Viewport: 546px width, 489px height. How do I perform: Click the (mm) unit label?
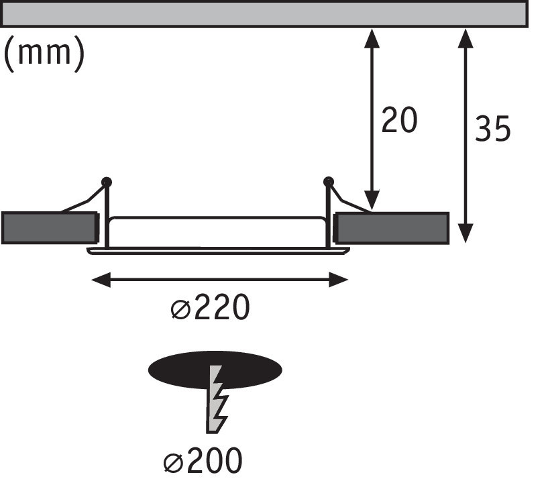pos(44,54)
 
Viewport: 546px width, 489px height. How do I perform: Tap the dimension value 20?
pos(399,121)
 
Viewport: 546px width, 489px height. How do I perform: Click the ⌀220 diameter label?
pos(210,309)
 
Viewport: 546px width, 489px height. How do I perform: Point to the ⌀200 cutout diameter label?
pos(202,461)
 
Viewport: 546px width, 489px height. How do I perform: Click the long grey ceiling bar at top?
pos(264,13)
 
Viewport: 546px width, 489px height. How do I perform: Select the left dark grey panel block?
pos(48,227)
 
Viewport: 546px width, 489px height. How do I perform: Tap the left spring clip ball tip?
pos(106,182)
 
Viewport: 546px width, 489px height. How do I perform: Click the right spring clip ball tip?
pos(328,182)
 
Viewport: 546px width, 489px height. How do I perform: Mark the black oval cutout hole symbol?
pos(215,370)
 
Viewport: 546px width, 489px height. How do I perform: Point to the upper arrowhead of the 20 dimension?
pos(371,36)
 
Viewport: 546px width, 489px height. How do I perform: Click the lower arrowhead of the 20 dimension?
pos(371,201)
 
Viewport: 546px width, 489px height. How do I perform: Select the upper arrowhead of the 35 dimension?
pos(466,36)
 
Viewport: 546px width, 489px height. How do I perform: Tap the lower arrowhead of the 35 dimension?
pos(466,233)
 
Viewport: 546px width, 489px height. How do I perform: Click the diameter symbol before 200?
pos(172,462)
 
